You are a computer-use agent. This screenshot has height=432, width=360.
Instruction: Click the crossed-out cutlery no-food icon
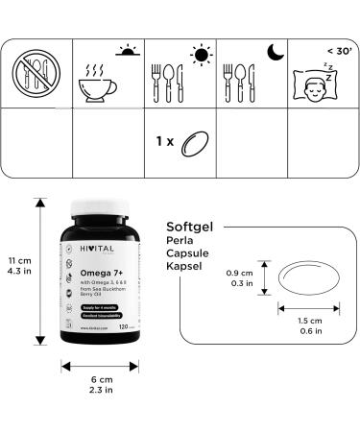[x=36, y=73]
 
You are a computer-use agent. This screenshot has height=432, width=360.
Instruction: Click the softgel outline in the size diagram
[x=308, y=277]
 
